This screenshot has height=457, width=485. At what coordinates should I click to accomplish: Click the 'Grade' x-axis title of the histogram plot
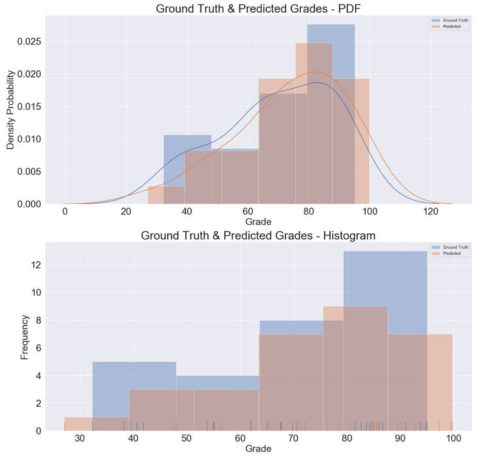click(x=258, y=449)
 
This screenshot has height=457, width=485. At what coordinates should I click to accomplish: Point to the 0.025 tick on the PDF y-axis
click(x=28, y=42)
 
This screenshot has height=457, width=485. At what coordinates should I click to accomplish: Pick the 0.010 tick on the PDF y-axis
click(x=28, y=139)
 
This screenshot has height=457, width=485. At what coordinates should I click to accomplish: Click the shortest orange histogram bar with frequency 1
click(x=78, y=424)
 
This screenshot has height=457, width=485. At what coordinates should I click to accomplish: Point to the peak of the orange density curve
click(x=317, y=72)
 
